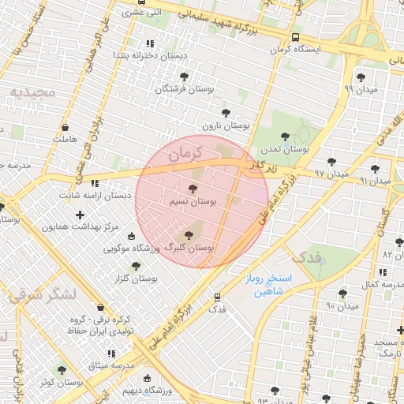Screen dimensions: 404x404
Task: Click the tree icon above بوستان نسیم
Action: pos(193,188)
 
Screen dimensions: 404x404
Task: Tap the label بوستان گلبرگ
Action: pos(188,248)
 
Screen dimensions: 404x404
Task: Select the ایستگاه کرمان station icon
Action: pos(295,37)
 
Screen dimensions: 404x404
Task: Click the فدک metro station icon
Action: pos(217,297)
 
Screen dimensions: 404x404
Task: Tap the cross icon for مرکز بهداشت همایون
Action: pos(79,215)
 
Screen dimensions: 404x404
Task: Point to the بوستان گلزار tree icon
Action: pos(136,267)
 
